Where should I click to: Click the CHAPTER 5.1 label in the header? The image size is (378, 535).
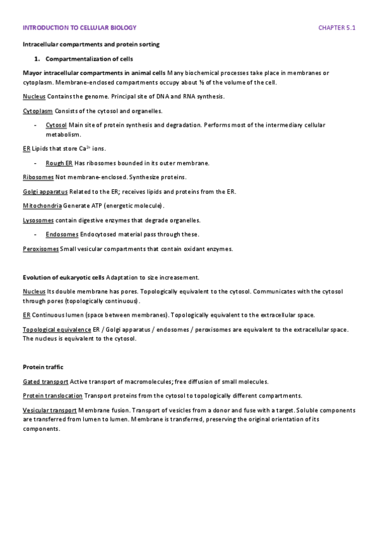coord(337,28)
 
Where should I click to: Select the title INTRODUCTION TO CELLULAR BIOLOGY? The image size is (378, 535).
coord(80,28)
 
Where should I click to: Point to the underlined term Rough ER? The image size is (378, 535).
coord(59,163)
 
